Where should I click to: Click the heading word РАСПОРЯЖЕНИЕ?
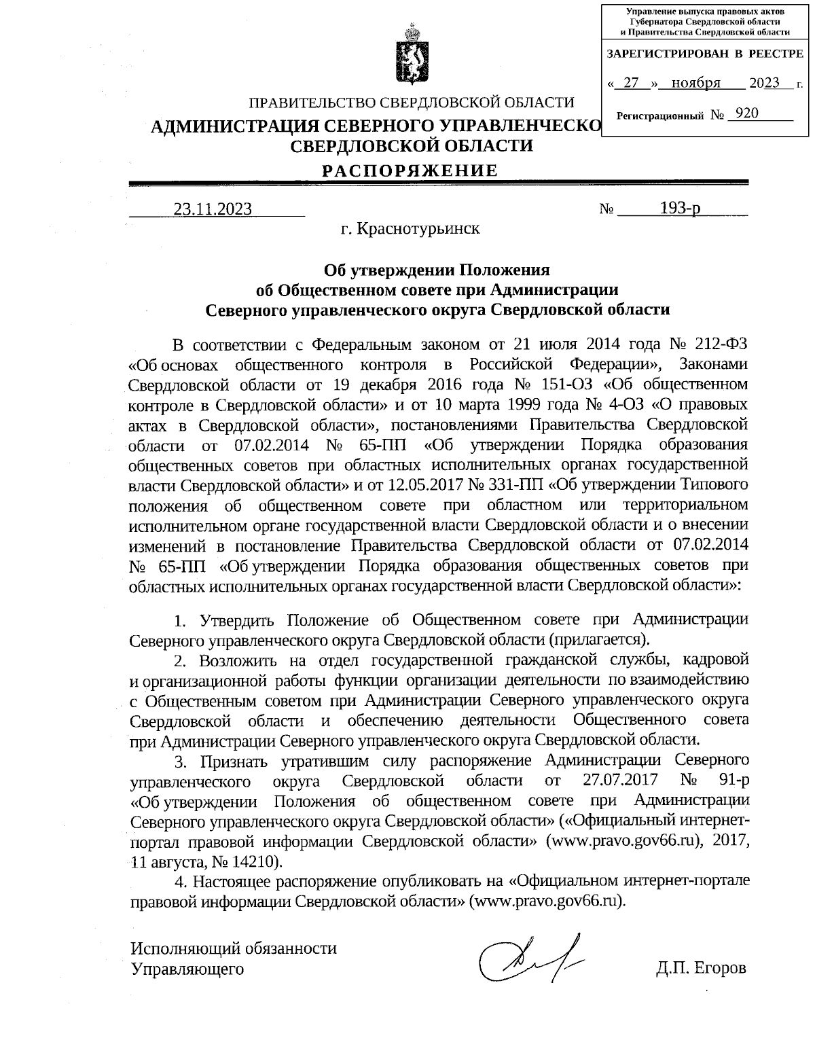tap(410, 170)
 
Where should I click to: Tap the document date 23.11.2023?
tap(213, 209)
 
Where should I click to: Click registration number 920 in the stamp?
tap(746, 113)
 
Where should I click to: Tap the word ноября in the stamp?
tap(695, 84)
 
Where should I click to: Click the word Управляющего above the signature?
tap(187, 969)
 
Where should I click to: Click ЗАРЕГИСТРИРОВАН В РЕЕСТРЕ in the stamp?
tap(704, 53)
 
